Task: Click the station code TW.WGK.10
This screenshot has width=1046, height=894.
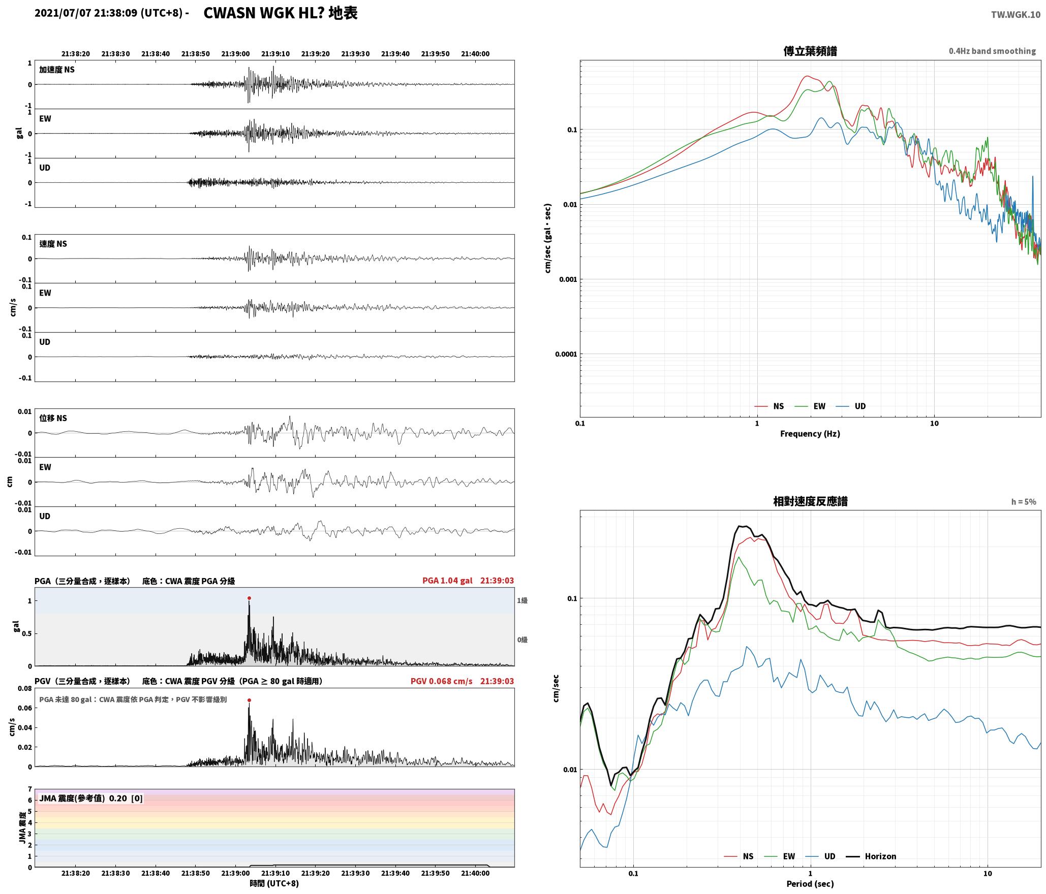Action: pos(1016,15)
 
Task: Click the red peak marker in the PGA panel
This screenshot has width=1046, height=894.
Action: pos(249,598)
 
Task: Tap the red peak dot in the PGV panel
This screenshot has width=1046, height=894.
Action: pos(249,700)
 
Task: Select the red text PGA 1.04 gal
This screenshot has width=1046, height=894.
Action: pos(447,581)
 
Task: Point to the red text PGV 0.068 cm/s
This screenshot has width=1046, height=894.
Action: pos(441,681)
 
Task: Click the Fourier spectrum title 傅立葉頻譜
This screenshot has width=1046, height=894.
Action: pos(810,51)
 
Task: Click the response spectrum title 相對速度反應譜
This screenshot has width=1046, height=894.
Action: pos(810,501)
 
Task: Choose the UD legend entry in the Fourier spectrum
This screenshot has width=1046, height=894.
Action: pos(851,406)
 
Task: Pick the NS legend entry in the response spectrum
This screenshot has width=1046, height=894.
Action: pos(739,856)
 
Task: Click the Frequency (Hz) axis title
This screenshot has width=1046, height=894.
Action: pos(810,433)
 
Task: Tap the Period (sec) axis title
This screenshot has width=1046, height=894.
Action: pos(810,884)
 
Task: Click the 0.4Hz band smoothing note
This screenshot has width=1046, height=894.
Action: pos(992,51)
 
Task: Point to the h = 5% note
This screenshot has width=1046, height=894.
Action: pos(1024,502)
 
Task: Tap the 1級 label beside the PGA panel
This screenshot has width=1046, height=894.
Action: pos(522,600)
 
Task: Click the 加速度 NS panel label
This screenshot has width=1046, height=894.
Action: pos(57,70)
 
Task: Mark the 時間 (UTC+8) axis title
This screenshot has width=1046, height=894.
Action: pos(274,883)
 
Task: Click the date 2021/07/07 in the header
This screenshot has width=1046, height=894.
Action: pos(63,13)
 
